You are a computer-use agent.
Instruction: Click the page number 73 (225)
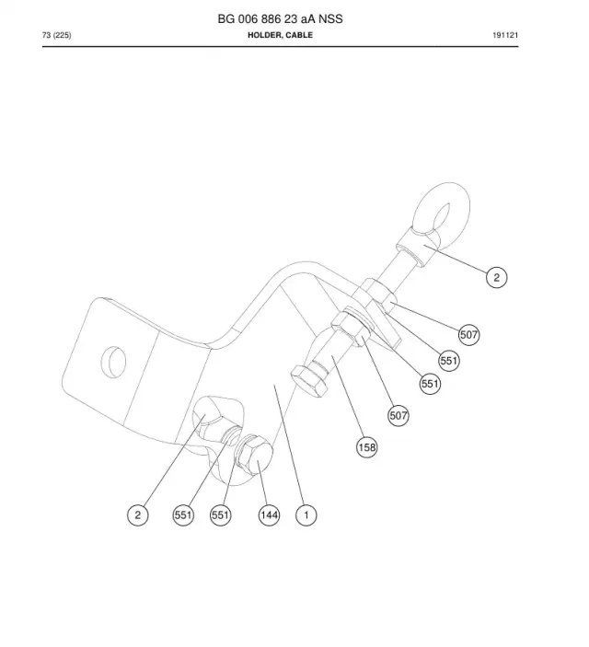coord(56,35)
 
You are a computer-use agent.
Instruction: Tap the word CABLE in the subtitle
coord(299,35)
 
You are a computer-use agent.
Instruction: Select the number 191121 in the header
coord(505,35)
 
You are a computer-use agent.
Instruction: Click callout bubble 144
coord(269,515)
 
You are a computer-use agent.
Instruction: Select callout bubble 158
coord(367,447)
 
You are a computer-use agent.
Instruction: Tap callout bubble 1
coord(306,515)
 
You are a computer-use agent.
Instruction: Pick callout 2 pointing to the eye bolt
coord(497,277)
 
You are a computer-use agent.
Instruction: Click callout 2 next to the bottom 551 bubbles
coord(138,515)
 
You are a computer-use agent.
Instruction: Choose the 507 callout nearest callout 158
coord(398,415)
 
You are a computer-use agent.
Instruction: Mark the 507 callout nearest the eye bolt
coord(468,335)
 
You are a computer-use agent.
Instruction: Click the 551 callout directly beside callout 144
coord(220,515)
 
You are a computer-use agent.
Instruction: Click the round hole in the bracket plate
coord(113,362)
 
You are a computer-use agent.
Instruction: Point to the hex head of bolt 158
coord(308,382)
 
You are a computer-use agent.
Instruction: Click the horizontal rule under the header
coord(281,47)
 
